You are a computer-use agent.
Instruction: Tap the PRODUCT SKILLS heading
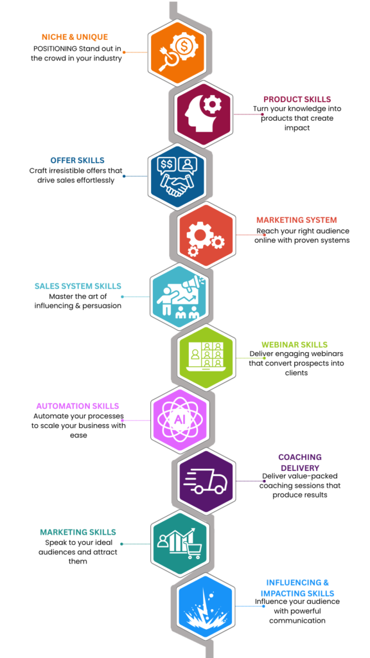pyautogui.click(x=297, y=99)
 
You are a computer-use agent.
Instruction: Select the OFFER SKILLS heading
pyautogui.click(x=77, y=160)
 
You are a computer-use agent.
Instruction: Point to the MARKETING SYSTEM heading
pyautogui.click(x=297, y=220)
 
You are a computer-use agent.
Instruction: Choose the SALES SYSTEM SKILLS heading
pyautogui.click(x=78, y=286)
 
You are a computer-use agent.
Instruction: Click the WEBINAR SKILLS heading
pyautogui.click(x=294, y=344)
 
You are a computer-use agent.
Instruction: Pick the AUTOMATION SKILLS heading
pyautogui.click(x=78, y=406)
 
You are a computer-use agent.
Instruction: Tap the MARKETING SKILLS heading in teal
pyautogui.click(x=78, y=532)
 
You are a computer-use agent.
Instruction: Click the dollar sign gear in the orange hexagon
pyautogui.click(x=184, y=46)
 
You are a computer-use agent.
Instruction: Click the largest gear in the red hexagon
pyautogui.click(x=199, y=235)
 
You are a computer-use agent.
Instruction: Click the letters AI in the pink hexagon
pyautogui.click(x=179, y=420)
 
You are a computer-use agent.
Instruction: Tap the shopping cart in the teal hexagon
pyautogui.click(x=193, y=549)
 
